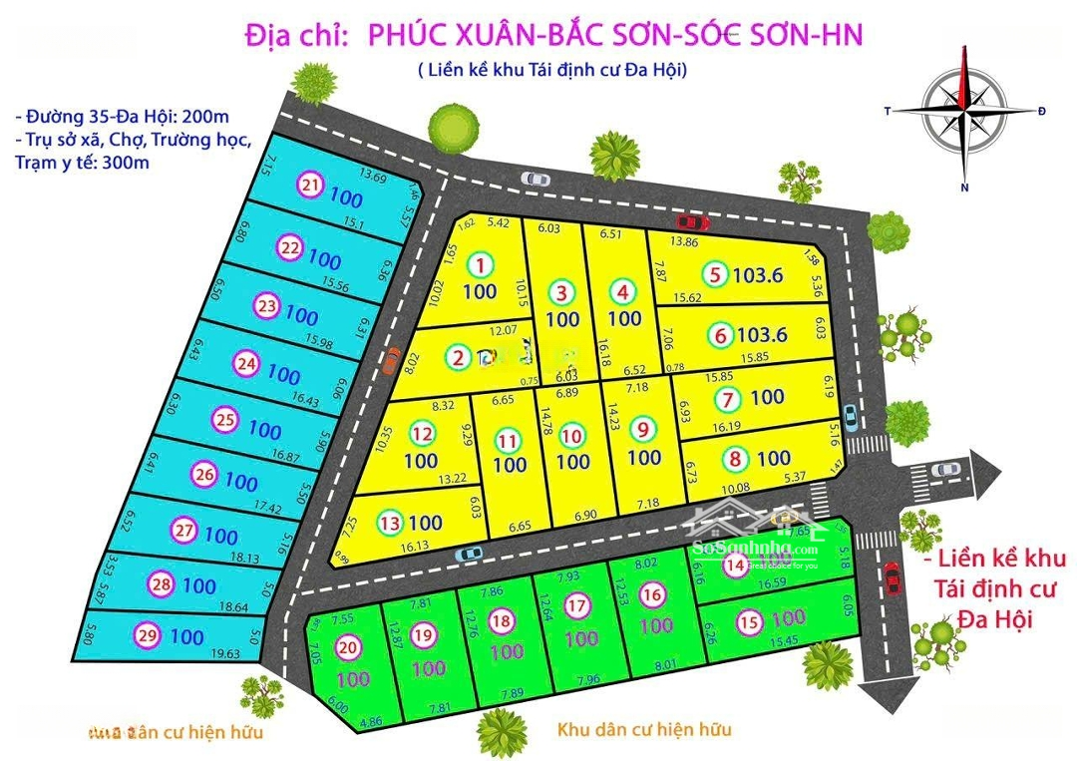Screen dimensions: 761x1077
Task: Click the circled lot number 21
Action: pos(311,185)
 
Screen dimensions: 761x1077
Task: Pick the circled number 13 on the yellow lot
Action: pos(390,522)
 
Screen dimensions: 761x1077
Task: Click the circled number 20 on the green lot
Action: pos(348,647)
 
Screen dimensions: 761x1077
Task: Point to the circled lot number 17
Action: pos(577,605)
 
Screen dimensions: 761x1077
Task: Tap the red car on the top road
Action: pos(687,220)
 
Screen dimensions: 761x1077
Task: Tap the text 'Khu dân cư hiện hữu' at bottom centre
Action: pos(642,729)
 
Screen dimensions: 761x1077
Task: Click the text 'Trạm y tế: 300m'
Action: pos(82,163)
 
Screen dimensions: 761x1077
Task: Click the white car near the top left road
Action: pos(536,179)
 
